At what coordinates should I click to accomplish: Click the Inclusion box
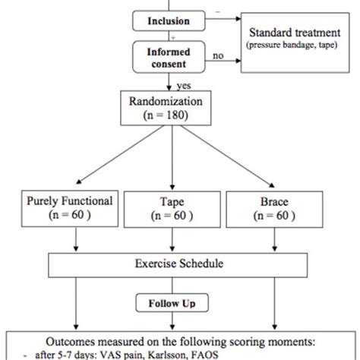(x=169, y=21)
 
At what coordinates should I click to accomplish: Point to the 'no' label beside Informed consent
(x=218, y=55)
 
